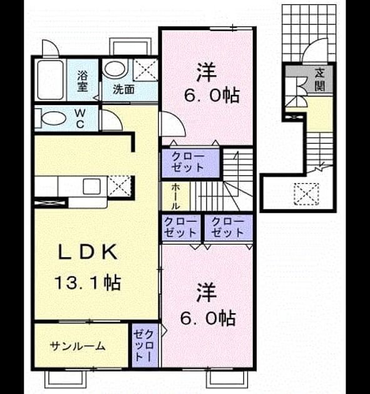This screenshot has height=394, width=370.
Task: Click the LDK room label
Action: (x=88, y=252)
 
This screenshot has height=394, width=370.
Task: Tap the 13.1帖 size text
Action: (x=88, y=283)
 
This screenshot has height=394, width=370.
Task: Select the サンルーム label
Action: (x=78, y=346)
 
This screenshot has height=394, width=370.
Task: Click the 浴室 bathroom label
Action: (x=82, y=81)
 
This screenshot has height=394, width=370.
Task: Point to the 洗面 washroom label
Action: (x=123, y=89)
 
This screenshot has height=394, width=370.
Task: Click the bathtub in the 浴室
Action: (x=50, y=80)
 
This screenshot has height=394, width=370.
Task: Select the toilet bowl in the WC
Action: (x=54, y=118)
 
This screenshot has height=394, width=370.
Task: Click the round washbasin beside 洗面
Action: (x=115, y=69)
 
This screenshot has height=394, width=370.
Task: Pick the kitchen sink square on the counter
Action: (x=92, y=186)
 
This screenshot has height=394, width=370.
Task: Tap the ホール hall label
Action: (x=175, y=196)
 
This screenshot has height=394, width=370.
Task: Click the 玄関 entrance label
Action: (x=319, y=80)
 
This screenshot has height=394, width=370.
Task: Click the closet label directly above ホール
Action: (x=188, y=163)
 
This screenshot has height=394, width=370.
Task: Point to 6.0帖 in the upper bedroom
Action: (x=212, y=96)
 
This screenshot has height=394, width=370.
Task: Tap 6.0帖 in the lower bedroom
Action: (x=208, y=318)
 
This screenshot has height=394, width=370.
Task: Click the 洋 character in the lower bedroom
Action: (x=206, y=293)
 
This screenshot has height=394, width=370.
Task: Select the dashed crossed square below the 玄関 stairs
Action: (x=306, y=194)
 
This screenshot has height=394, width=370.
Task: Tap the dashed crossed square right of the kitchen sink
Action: (x=119, y=186)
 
